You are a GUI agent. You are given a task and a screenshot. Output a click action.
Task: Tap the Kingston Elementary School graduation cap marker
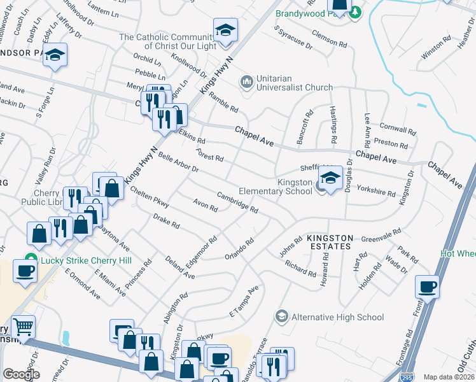pyautogui.click(x=330, y=179)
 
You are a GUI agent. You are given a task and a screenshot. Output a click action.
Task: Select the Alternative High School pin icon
pyautogui.click(x=281, y=316)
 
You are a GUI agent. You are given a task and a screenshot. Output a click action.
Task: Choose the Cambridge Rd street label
pyautogui.click(x=237, y=202)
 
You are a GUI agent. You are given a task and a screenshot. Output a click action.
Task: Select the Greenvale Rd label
pyautogui.click(x=380, y=236)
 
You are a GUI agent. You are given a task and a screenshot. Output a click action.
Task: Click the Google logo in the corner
pyautogui.click(x=21, y=374)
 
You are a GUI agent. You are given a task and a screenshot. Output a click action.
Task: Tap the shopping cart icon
pyautogui.click(x=22, y=327)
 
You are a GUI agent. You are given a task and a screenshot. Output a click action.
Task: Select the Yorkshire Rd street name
pyautogui.click(x=376, y=189)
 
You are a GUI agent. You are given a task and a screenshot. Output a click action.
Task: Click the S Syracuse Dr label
pyautogui.click(x=293, y=38)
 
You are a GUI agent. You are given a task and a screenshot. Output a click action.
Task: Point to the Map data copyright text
pyautogui.click(x=448, y=377)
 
